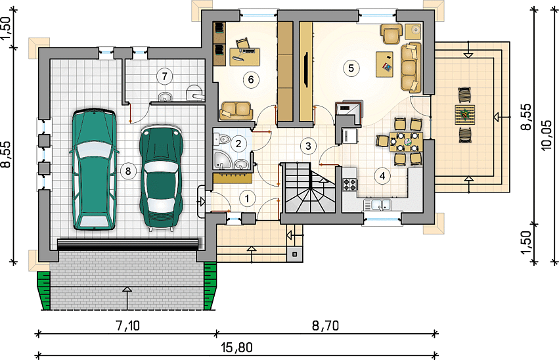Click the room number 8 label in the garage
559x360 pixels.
[x=128, y=171]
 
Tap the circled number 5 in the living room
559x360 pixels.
[x=351, y=68]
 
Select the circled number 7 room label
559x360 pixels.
[x=164, y=76]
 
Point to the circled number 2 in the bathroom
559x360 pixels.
[x=238, y=144]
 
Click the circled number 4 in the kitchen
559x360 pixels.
[x=382, y=175]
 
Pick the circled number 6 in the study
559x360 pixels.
[x=251, y=79]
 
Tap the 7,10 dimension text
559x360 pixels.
[x=127, y=325]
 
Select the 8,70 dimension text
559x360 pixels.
[x=326, y=325]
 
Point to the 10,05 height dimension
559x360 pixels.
[x=546, y=135]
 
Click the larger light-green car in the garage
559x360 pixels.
[x=94, y=169]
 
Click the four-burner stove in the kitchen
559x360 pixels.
[x=349, y=184]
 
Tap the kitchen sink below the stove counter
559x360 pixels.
[x=378, y=205]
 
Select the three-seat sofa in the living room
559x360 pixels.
[x=411, y=67]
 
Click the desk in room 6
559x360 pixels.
[x=244, y=56]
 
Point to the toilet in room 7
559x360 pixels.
[x=194, y=93]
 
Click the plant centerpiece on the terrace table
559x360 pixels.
[x=464, y=114]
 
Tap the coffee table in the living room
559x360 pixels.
[x=385, y=64]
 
